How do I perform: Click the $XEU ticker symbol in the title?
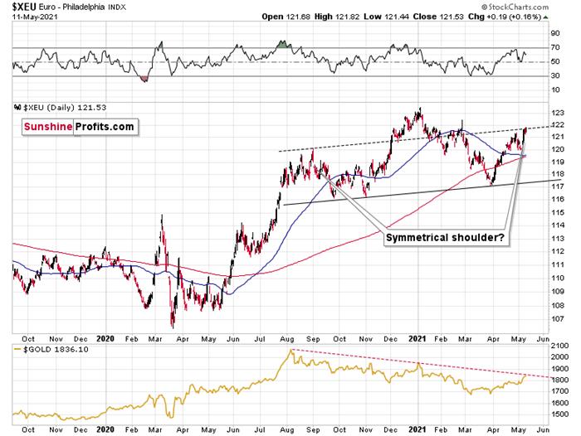click(17, 7)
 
